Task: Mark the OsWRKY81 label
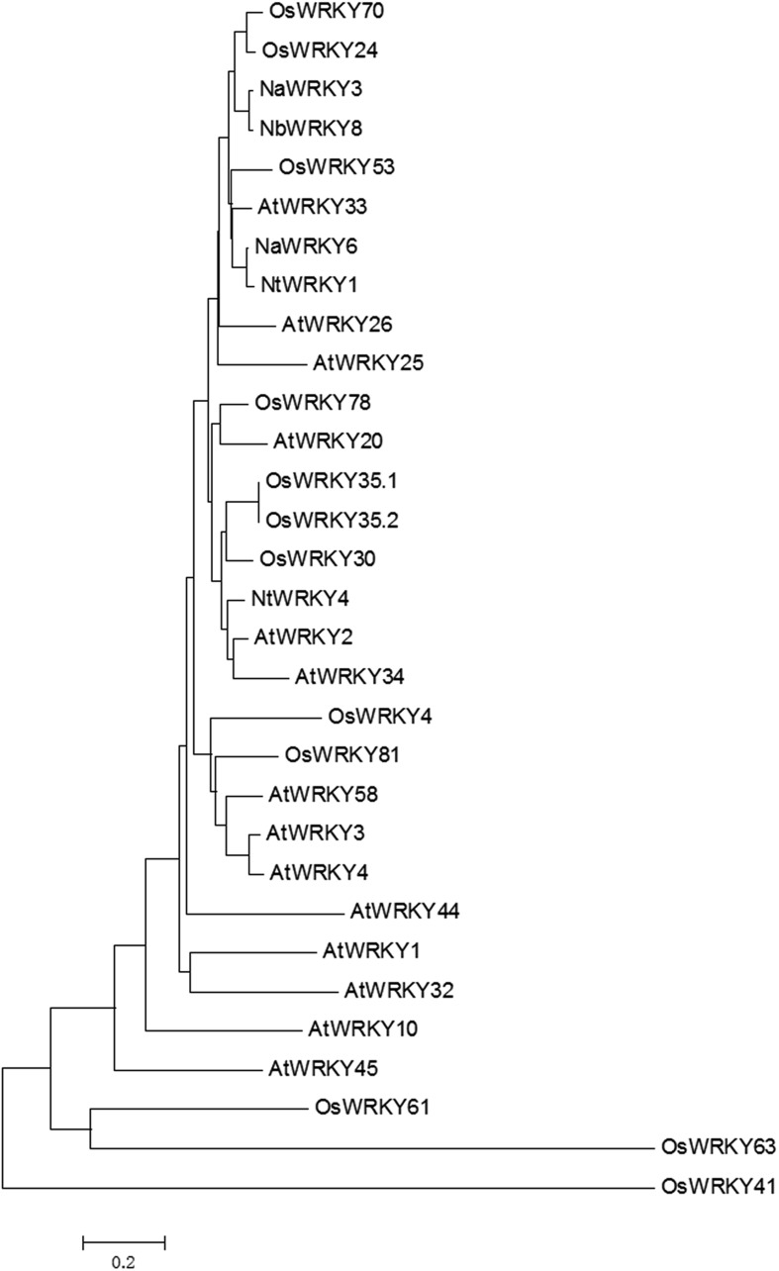click(x=341, y=755)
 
